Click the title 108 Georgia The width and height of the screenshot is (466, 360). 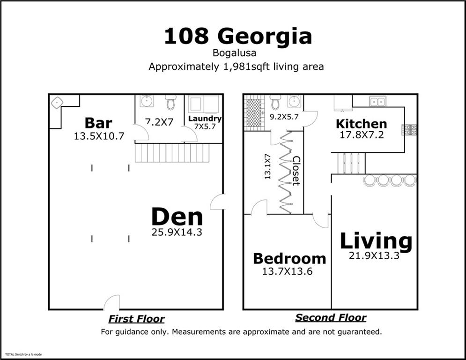click(x=237, y=37)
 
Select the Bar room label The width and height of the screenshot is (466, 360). click(x=98, y=123)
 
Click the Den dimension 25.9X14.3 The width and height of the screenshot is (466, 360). click(x=177, y=232)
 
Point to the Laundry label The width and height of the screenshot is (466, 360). click(x=205, y=119)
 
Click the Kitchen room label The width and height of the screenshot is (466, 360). click(x=361, y=124)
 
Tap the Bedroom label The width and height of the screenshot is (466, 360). click(x=289, y=258)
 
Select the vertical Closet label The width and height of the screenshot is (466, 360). click(x=296, y=171)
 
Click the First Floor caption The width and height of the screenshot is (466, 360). click(x=136, y=319)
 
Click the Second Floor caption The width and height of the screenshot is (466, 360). click(x=331, y=318)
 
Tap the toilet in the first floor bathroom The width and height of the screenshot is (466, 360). click(x=170, y=102)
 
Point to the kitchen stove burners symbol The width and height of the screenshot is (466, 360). click(x=409, y=129)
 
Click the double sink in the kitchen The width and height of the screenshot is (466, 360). click(x=377, y=101)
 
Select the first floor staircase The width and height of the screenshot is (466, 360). click(x=172, y=153)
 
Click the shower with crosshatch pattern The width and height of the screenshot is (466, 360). click(x=254, y=111)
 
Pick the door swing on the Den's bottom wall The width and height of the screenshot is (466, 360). click(x=112, y=302)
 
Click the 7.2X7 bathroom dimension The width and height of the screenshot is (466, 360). click(x=159, y=121)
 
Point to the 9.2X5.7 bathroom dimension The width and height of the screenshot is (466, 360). click(x=284, y=117)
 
